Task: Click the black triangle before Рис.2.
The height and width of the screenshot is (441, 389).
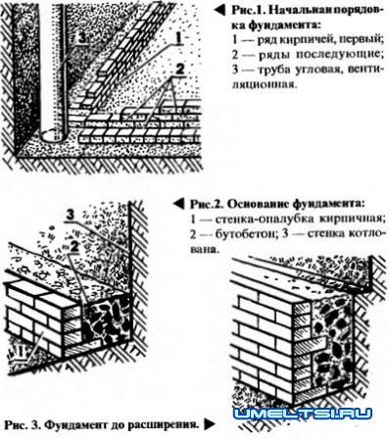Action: (x=177, y=202)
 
